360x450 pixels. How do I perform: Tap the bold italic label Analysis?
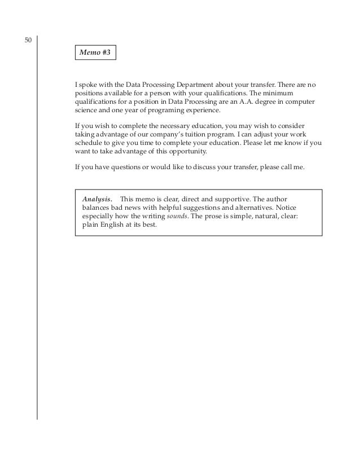tap(98, 199)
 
